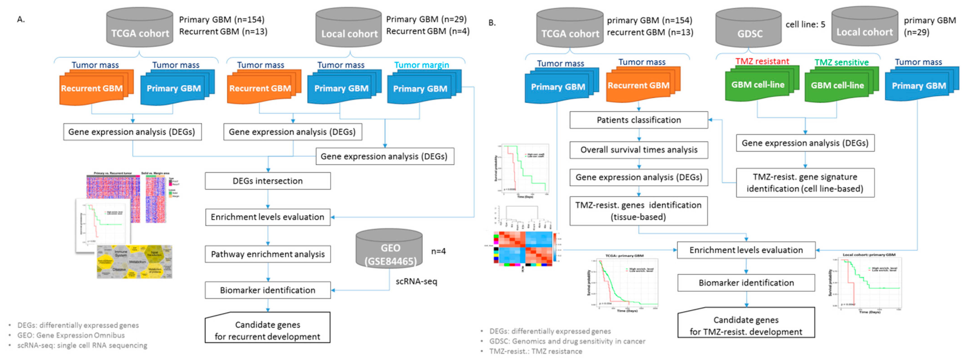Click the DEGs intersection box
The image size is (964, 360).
pos(268,181)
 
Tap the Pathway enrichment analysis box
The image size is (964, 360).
pos(268,254)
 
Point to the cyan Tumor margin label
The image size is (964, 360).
pos(421,65)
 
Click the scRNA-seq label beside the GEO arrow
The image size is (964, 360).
pos(416,281)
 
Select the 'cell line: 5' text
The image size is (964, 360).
pos(805,25)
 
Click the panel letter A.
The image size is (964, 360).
pos(21,19)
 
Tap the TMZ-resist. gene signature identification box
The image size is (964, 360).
pos(805,183)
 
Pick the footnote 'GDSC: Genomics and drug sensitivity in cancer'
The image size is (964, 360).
pos(567,341)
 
